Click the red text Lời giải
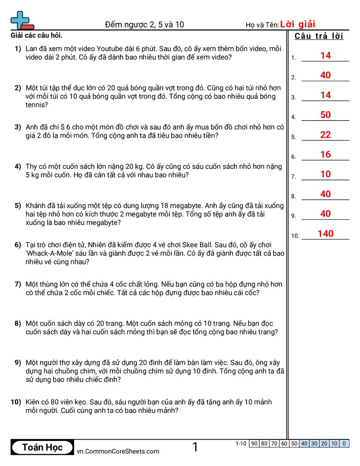point(298,24)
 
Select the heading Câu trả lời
point(319,36)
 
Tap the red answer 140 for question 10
point(326,233)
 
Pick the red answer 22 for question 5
point(326,135)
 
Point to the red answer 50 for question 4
point(326,115)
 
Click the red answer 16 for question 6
point(326,154)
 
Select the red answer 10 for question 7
point(326,174)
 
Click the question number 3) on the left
point(18,127)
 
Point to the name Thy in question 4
point(32,166)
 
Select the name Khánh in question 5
point(37,206)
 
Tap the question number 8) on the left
point(18,323)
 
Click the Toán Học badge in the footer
point(42,447)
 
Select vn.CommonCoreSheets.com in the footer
point(118,451)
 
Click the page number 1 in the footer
point(195,447)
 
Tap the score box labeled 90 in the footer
point(254,443)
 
